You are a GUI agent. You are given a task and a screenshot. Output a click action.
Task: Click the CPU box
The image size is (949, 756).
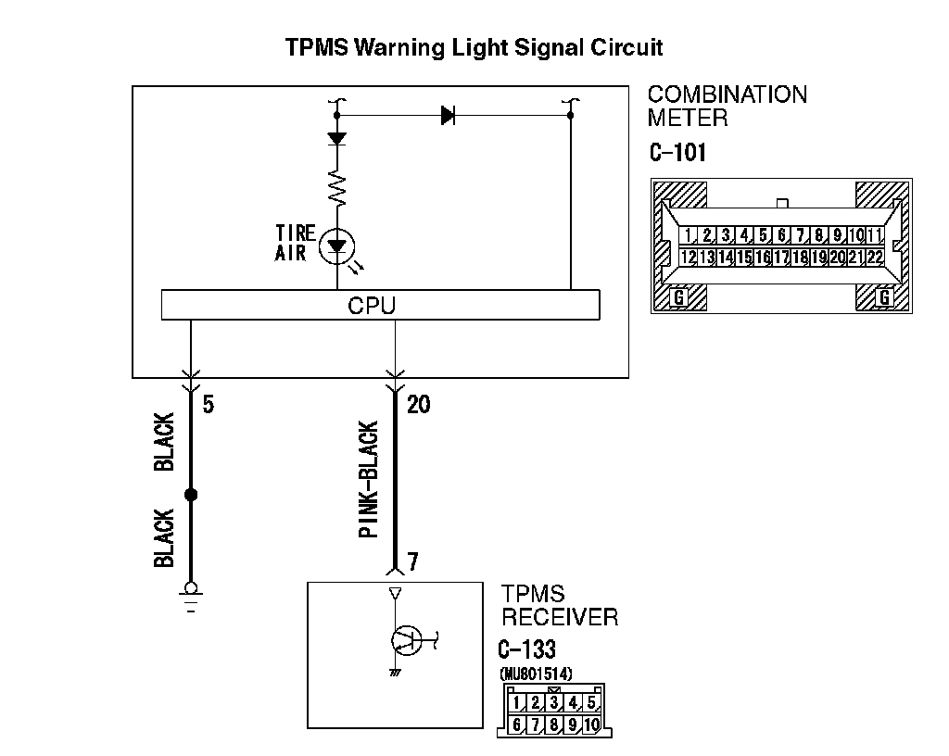(x=380, y=305)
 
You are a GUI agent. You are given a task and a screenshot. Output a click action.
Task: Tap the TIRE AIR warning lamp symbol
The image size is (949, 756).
(x=336, y=246)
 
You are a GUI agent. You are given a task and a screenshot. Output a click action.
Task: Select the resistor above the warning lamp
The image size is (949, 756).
(x=336, y=189)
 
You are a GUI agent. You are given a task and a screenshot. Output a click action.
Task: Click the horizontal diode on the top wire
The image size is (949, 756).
(x=449, y=116)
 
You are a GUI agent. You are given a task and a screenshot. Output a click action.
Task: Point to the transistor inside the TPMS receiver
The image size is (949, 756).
(x=405, y=638)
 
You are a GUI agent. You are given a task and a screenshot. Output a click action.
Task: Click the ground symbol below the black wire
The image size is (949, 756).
(x=191, y=594)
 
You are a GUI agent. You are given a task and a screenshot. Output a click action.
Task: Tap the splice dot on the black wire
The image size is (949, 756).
(x=191, y=495)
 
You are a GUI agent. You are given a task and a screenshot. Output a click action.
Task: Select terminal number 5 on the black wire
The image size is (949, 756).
(x=209, y=405)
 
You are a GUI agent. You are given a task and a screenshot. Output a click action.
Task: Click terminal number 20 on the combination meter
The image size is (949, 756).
(x=418, y=405)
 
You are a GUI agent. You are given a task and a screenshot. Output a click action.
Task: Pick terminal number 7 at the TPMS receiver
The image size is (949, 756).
(x=412, y=562)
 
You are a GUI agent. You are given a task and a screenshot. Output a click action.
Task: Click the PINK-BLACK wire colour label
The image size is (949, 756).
(x=368, y=480)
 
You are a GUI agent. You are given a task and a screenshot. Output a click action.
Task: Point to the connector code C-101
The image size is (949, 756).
(x=677, y=152)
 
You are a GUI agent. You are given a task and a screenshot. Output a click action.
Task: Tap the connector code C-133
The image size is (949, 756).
(x=527, y=649)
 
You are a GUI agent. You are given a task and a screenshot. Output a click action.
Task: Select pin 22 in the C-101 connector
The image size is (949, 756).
(x=875, y=257)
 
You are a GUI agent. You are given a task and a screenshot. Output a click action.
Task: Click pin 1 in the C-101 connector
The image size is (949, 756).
(x=690, y=235)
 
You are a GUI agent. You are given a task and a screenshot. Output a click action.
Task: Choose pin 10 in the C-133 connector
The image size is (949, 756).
(x=590, y=724)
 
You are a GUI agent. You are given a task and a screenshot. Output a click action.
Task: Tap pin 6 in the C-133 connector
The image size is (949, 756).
(x=517, y=724)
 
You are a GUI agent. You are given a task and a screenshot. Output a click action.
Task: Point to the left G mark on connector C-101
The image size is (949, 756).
(x=678, y=296)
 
